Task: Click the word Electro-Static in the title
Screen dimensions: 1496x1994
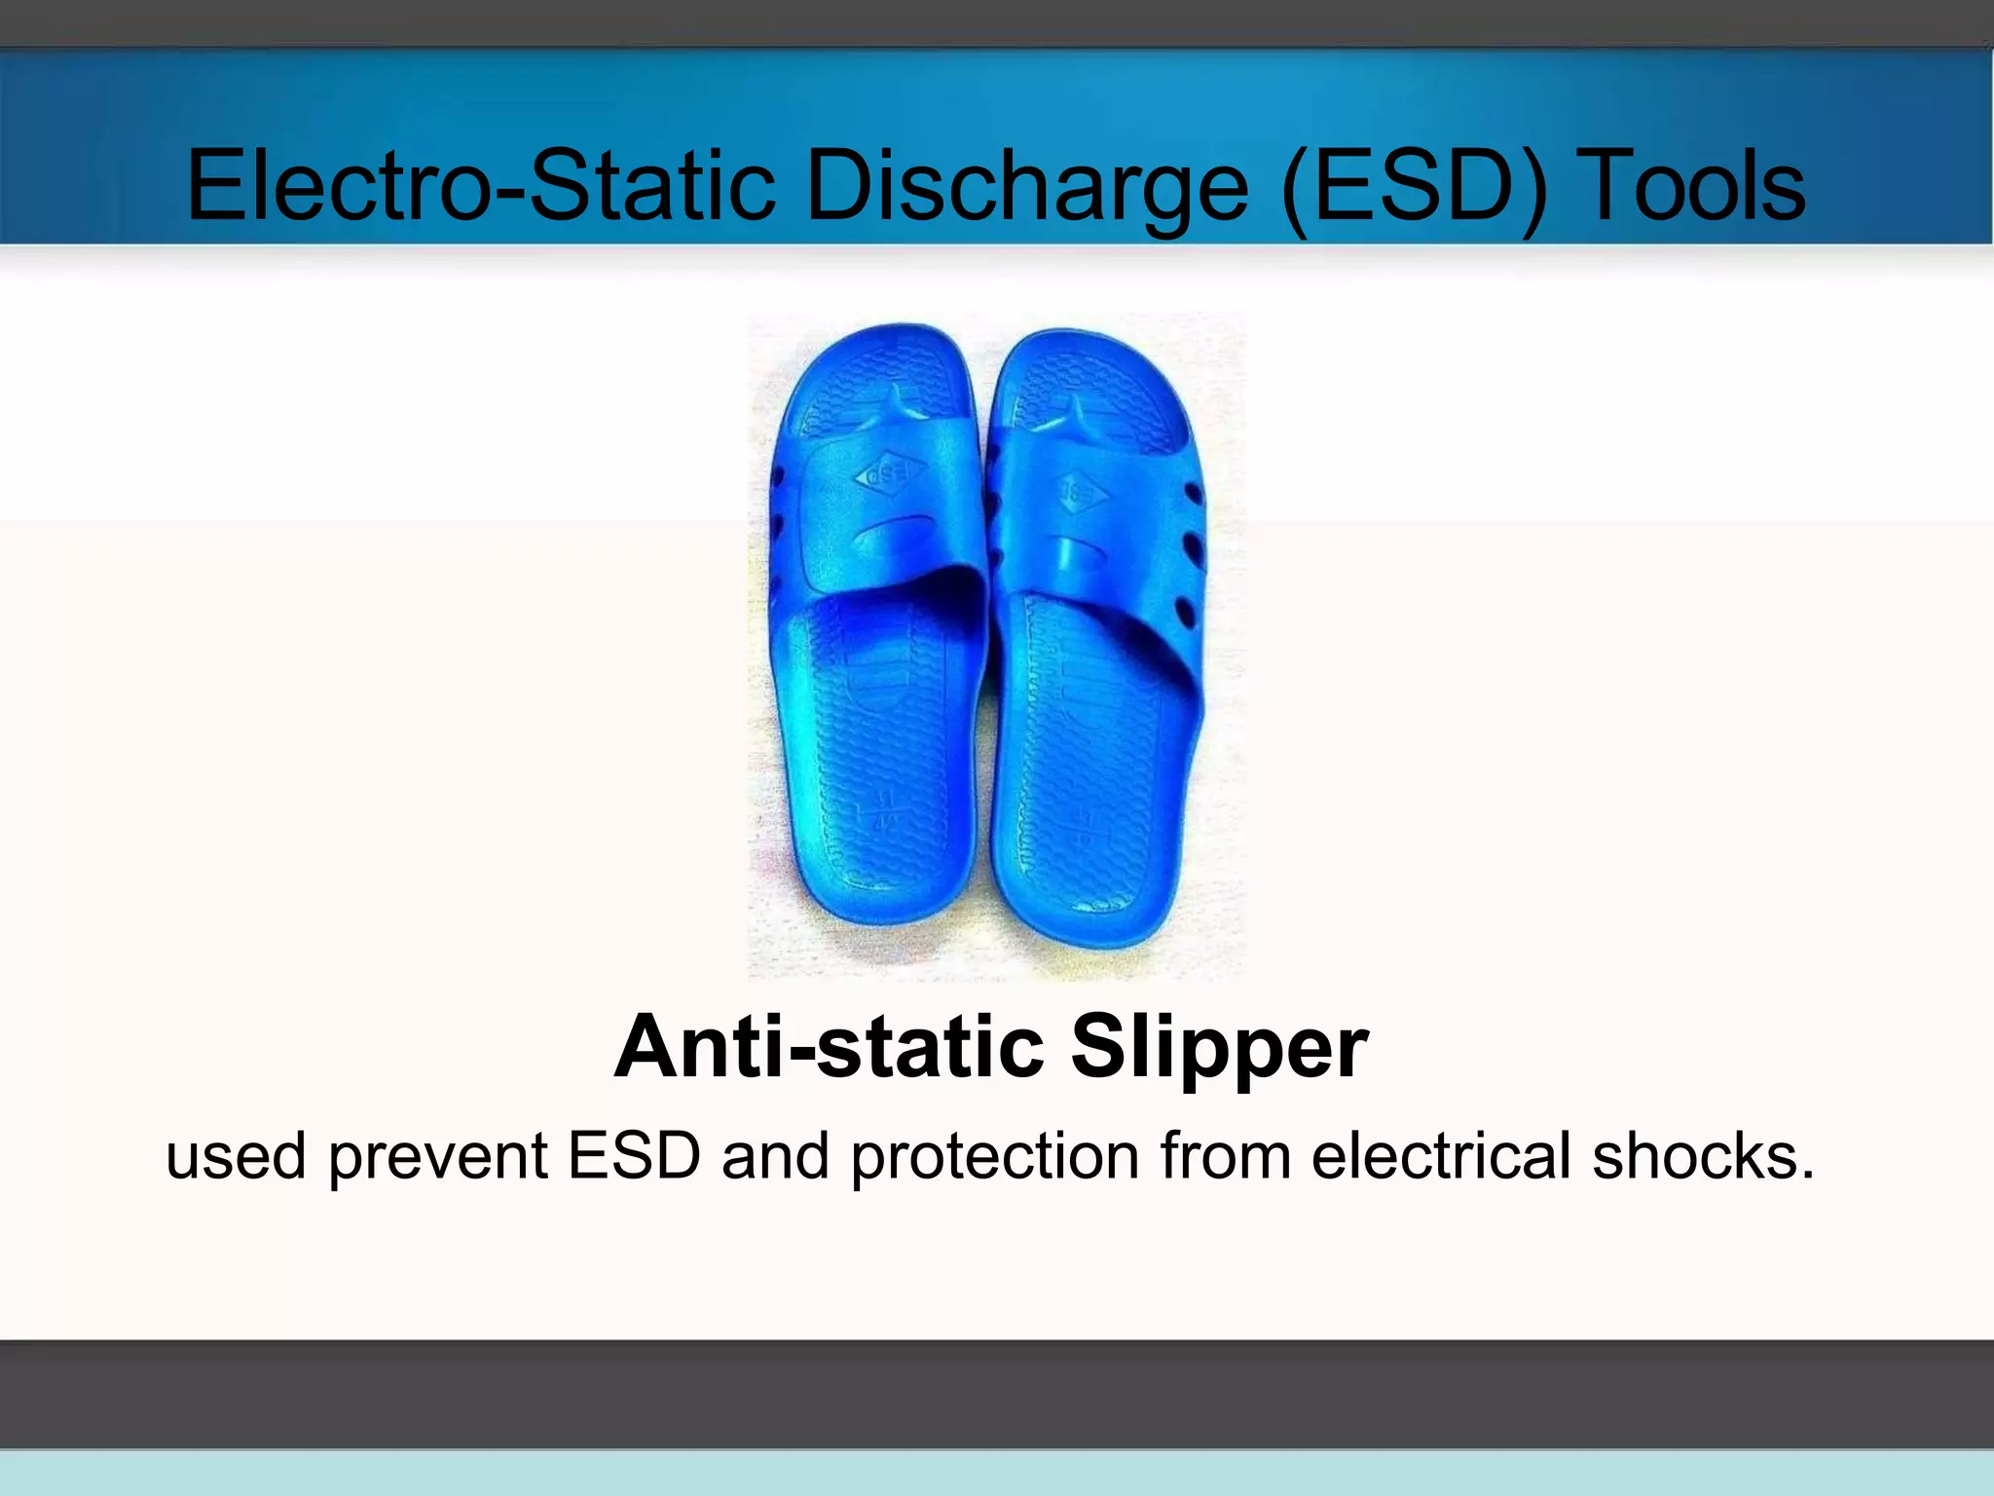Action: pyautogui.click(x=481, y=185)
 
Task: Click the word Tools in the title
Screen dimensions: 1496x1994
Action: pyautogui.click(x=1695, y=185)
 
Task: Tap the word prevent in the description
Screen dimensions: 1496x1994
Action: pyautogui.click(x=437, y=1157)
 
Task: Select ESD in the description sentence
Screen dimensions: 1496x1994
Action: pyautogui.click(x=634, y=1155)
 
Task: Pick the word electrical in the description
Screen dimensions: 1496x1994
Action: pyautogui.click(x=1441, y=1155)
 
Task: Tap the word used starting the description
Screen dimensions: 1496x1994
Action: pyautogui.click(x=237, y=1157)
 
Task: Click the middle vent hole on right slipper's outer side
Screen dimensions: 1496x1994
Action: pyautogui.click(x=1190, y=542)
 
